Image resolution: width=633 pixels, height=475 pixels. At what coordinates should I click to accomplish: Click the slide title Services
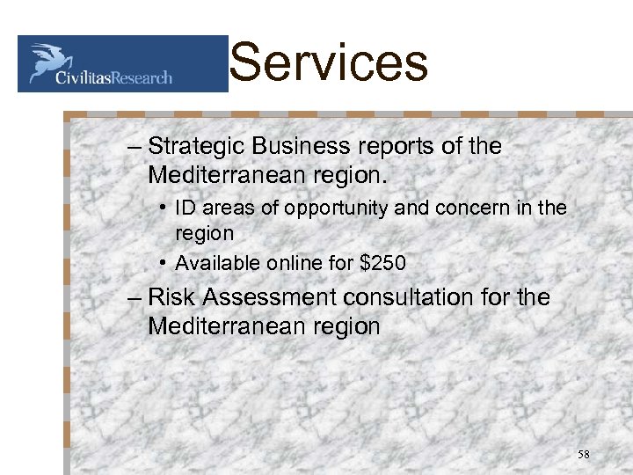[328, 63]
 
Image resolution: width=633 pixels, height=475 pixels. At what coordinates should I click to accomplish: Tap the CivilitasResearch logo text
[113, 77]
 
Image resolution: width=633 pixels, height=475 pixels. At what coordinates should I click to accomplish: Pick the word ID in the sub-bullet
[186, 208]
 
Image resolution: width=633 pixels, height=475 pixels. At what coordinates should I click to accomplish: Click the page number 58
[585, 455]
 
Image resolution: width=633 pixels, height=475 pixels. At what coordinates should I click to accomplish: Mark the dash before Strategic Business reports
[134, 147]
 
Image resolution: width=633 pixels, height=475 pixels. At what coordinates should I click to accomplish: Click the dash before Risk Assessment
[134, 298]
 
